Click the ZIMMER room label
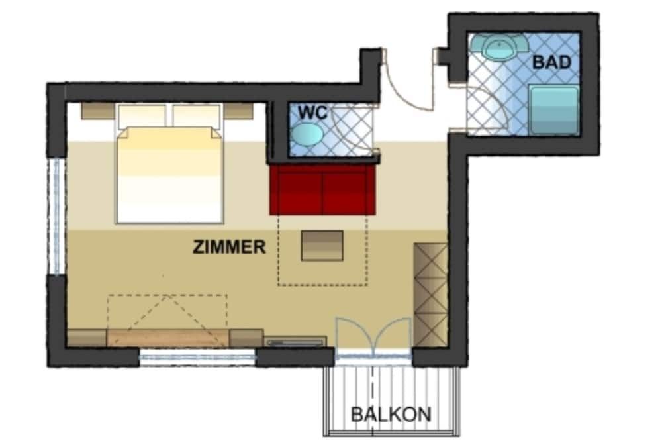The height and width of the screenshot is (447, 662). pos(229,247)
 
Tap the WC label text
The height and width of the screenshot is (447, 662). pos(312,113)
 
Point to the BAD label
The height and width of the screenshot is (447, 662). pos(552,62)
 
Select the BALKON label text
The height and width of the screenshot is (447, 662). pos(391,415)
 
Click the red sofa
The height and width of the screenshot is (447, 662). pos(322,189)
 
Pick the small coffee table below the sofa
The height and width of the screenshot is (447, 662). pos(322,246)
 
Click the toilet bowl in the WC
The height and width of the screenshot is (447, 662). pos(307,134)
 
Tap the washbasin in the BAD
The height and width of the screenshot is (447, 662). pos(499,47)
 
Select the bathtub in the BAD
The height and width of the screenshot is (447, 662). pos(554,111)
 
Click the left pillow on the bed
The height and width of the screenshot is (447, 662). pos(142,115)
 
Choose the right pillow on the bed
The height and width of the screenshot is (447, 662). pos(197,115)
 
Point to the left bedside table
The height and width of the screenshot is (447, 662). pos(98,111)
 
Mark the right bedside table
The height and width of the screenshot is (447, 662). pos(238,111)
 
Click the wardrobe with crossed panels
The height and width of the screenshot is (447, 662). pos(430,295)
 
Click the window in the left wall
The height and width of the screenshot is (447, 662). pos(56,216)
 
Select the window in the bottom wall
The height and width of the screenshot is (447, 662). pos(197,358)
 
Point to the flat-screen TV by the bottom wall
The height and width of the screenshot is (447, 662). pos(295,342)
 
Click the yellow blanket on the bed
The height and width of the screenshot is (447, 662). pos(169,175)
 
